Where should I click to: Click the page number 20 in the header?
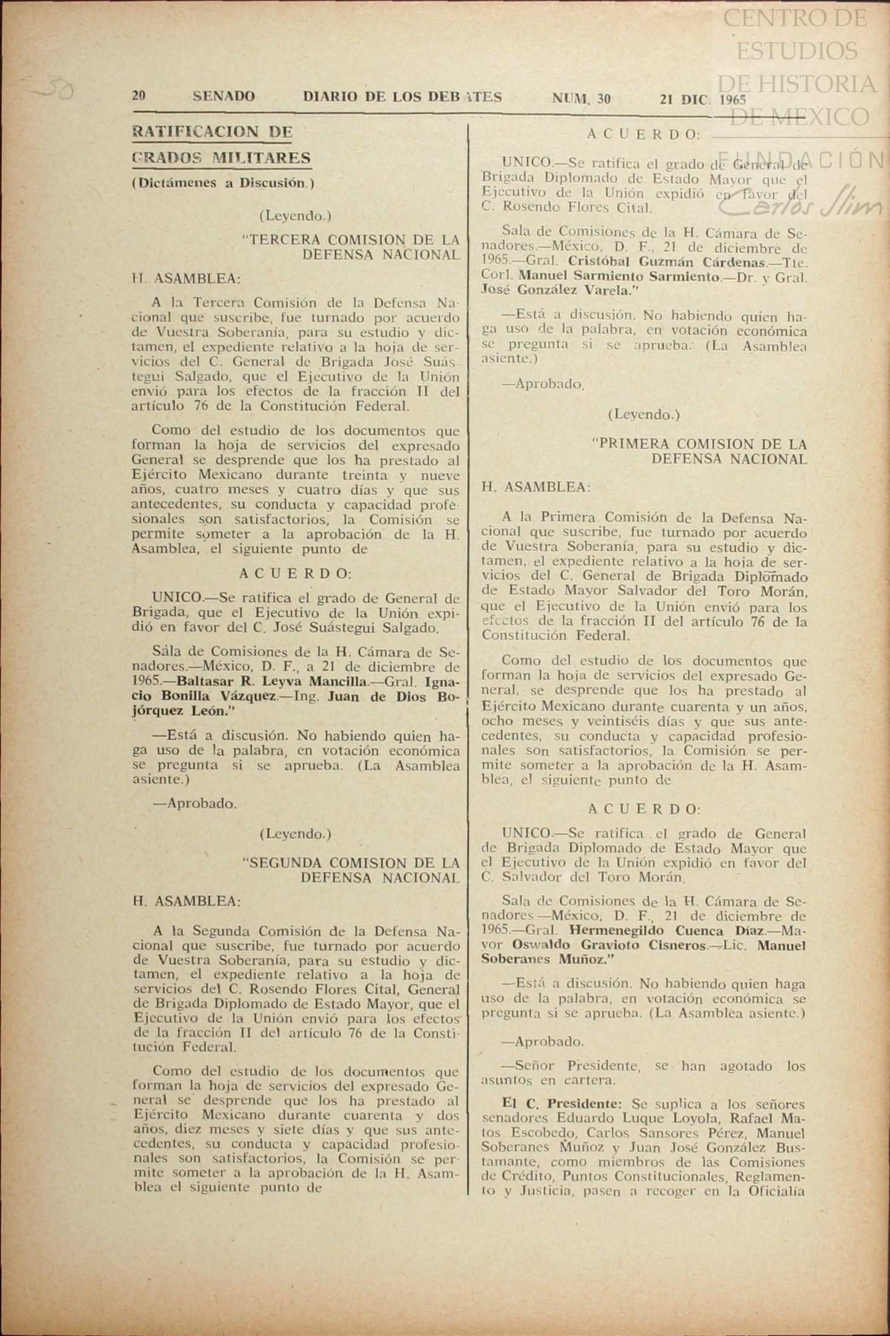click(139, 96)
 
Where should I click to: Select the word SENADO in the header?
click(224, 96)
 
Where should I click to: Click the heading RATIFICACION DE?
click(212, 132)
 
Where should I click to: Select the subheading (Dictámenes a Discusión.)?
click(223, 182)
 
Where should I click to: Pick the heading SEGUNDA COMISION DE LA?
click(351, 862)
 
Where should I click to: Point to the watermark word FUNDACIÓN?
click(800, 159)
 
